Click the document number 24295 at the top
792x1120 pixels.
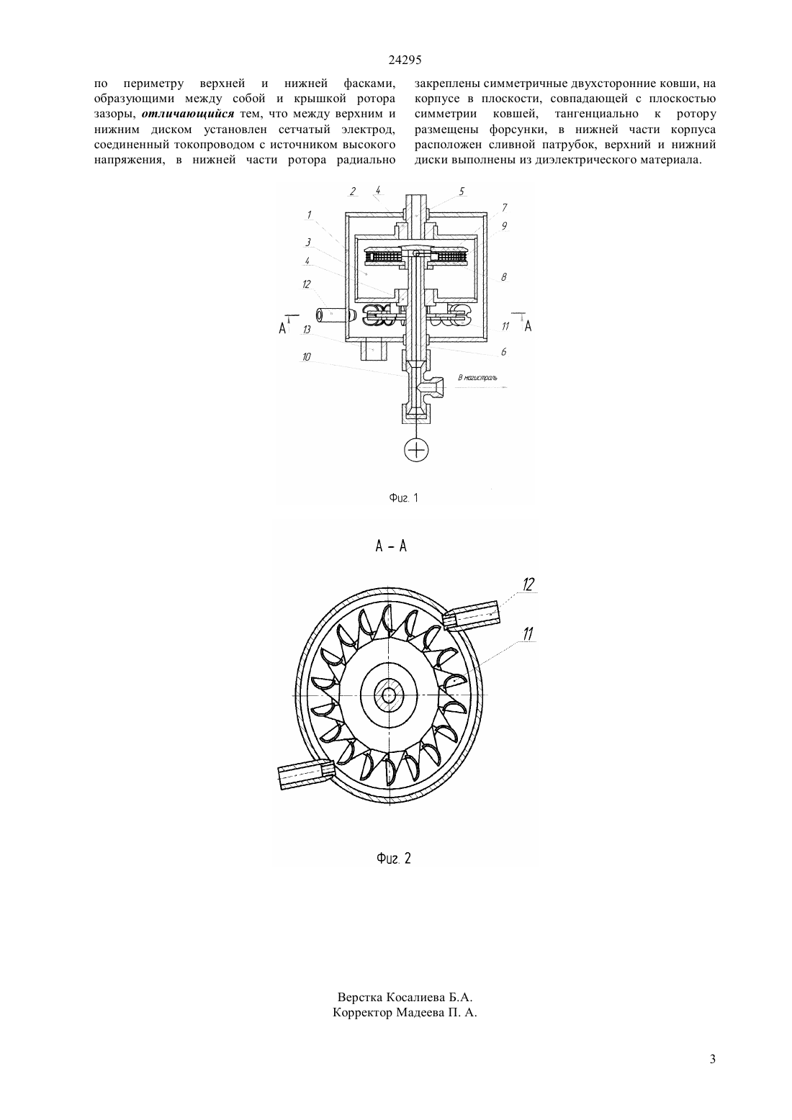(405, 60)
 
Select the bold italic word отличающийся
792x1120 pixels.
(188, 114)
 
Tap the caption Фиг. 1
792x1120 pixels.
(403, 498)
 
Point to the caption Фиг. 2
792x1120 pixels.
(394, 859)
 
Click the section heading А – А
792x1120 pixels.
(391, 546)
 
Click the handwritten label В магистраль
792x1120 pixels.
(477, 377)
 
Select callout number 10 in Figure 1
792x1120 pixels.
(306, 356)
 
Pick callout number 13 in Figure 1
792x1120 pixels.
(306, 330)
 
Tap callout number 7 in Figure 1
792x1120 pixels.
(505, 207)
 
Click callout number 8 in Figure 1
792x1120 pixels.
(504, 277)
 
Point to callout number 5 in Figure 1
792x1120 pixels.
(462, 191)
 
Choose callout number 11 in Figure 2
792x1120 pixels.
(528, 635)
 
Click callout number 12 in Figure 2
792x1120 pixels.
(528, 584)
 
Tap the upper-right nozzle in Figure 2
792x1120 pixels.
(472, 614)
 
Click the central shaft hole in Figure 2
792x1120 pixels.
(389, 695)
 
